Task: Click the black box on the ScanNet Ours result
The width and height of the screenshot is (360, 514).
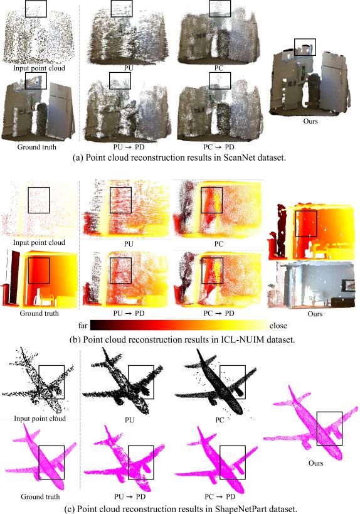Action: (305, 48)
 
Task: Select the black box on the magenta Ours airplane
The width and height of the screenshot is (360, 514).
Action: (329, 429)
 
